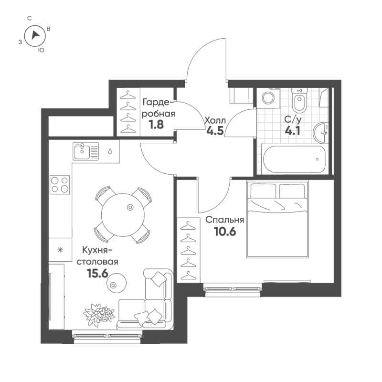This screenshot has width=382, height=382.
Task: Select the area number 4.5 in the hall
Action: pos(215,131)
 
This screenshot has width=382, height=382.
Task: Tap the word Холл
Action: pos(214,120)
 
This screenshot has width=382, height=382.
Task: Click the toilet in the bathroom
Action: pos(299,100)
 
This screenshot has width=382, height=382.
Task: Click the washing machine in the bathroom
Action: pos(268,98)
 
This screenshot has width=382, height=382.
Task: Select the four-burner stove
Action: pos(60,184)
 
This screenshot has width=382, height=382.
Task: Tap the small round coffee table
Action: pos(114,284)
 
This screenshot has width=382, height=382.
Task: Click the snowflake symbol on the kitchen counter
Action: pos(60,250)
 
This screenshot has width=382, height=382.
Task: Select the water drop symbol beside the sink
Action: pos(110,151)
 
